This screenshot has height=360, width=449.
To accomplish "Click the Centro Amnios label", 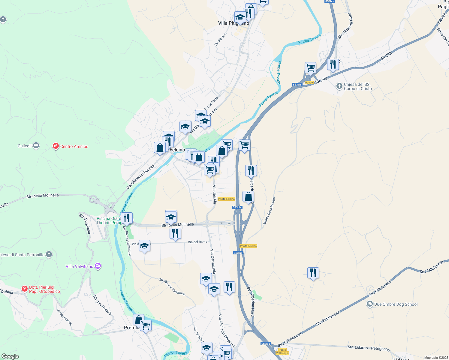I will (x=74, y=146).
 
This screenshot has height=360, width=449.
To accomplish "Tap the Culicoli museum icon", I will (x=36, y=146).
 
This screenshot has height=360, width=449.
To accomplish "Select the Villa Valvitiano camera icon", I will (x=98, y=266).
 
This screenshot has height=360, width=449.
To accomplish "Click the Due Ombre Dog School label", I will (x=396, y=304).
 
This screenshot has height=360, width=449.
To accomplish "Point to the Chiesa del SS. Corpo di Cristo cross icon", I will (x=339, y=86).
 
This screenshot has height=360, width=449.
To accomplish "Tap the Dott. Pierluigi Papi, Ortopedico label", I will (x=44, y=289).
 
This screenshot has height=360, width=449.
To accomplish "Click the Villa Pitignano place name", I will (x=233, y=23).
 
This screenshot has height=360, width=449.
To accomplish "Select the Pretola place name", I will (x=131, y=328).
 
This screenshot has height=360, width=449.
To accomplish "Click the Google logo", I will (x=10, y=356).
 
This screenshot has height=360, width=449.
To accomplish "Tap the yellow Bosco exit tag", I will (x=309, y=82).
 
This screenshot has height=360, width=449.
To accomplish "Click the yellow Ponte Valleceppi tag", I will (x=282, y=351).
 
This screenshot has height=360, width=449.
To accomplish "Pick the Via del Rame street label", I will (x=197, y=242).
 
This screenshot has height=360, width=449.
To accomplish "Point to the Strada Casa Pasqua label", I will (x=269, y=211).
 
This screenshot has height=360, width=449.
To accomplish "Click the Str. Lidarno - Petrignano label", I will (x=369, y=348).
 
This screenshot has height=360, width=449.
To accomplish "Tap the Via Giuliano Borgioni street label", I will (x=226, y=330).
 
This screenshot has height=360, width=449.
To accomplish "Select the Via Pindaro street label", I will (x=220, y=39).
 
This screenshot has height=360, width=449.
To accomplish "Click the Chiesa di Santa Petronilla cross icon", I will (x=49, y=255).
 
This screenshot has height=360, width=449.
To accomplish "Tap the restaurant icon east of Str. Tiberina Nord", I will (x=313, y=273).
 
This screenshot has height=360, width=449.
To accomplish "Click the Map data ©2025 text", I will (x=436, y=358).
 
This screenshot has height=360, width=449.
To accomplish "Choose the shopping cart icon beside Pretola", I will (x=146, y=325).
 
